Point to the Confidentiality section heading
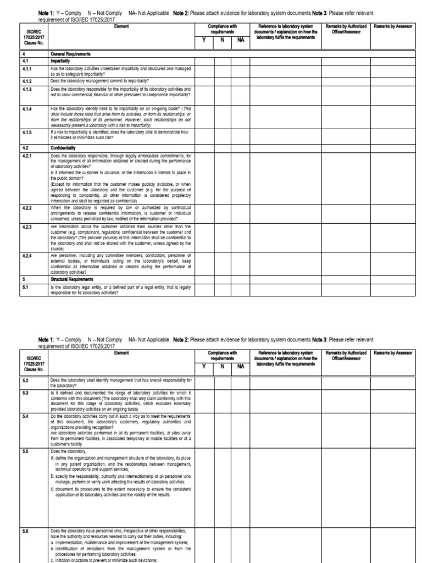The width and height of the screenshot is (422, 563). point(64,147)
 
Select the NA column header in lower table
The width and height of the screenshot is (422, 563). point(240,382)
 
